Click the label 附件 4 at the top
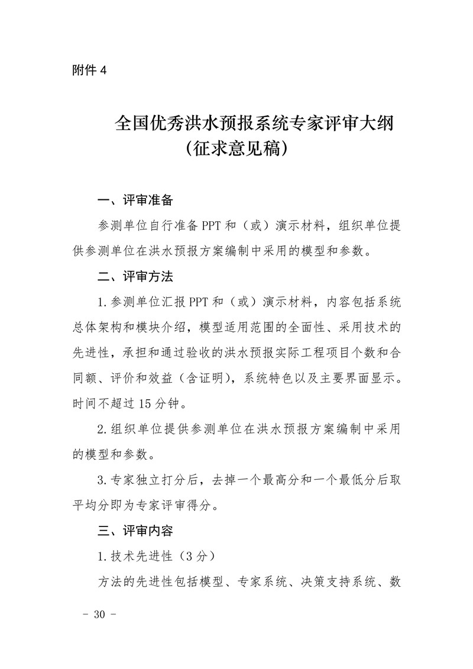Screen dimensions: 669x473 (x=88, y=70)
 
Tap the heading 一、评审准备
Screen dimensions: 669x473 (x=135, y=201)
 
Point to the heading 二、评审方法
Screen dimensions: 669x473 (x=135, y=276)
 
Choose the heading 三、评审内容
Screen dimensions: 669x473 (x=135, y=531)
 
